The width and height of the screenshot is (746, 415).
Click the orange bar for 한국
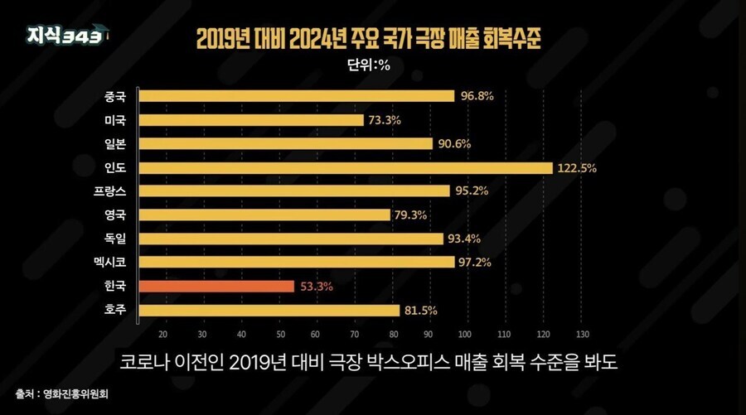[x=216, y=287]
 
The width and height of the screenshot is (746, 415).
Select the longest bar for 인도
[x=346, y=168]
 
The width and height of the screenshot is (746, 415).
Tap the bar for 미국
[x=251, y=120]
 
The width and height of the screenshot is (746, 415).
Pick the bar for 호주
[x=269, y=311]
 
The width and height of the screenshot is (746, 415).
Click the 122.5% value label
[x=577, y=168]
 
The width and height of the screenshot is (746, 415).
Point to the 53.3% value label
[x=317, y=287]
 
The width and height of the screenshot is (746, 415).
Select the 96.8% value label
[x=477, y=96]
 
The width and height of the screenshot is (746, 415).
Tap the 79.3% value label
[x=412, y=215]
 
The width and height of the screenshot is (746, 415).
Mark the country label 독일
[x=115, y=239]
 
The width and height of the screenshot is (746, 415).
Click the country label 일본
[x=115, y=144]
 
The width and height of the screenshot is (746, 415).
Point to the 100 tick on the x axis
[x=463, y=334]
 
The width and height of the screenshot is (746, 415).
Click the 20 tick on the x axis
[x=162, y=334]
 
